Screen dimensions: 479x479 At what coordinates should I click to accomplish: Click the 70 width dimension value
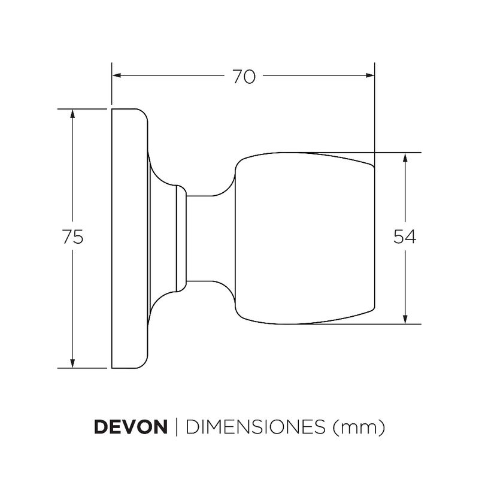pyautogui.click(x=244, y=76)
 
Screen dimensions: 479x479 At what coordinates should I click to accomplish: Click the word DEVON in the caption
pyautogui.click(x=131, y=428)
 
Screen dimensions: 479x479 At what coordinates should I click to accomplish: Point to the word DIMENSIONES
pyautogui.click(x=255, y=428)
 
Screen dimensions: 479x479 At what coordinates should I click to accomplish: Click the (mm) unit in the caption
pyautogui.click(x=357, y=428)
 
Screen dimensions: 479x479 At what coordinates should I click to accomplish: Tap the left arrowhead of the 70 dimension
pyautogui.click(x=117, y=75)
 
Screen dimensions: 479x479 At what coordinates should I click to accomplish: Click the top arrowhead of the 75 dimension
pyautogui.click(x=72, y=114)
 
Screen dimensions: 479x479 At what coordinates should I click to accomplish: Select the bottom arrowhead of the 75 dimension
pyautogui.click(x=72, y=362)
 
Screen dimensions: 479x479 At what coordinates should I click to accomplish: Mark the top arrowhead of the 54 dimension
pyautogui.click(x=406, y=157)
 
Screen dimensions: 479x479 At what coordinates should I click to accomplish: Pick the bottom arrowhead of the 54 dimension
pyautogui.click(x=406, y=319)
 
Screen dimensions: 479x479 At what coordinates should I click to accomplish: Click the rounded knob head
pyautogui.click(x=302, y=238)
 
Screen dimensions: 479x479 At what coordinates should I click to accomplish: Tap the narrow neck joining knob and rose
pyautogui.click(x=207, y=237)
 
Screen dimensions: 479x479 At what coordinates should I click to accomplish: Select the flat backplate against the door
pyautogui.click(x=127, y=238)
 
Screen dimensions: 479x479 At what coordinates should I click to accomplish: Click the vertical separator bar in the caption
pyautogui.click(x=177, y=428)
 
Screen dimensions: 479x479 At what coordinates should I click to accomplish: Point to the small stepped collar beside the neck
pyautogui.click(x=180, y=237)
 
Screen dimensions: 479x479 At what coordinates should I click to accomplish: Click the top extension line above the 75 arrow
pyautogui.click(x=84, y=109)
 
